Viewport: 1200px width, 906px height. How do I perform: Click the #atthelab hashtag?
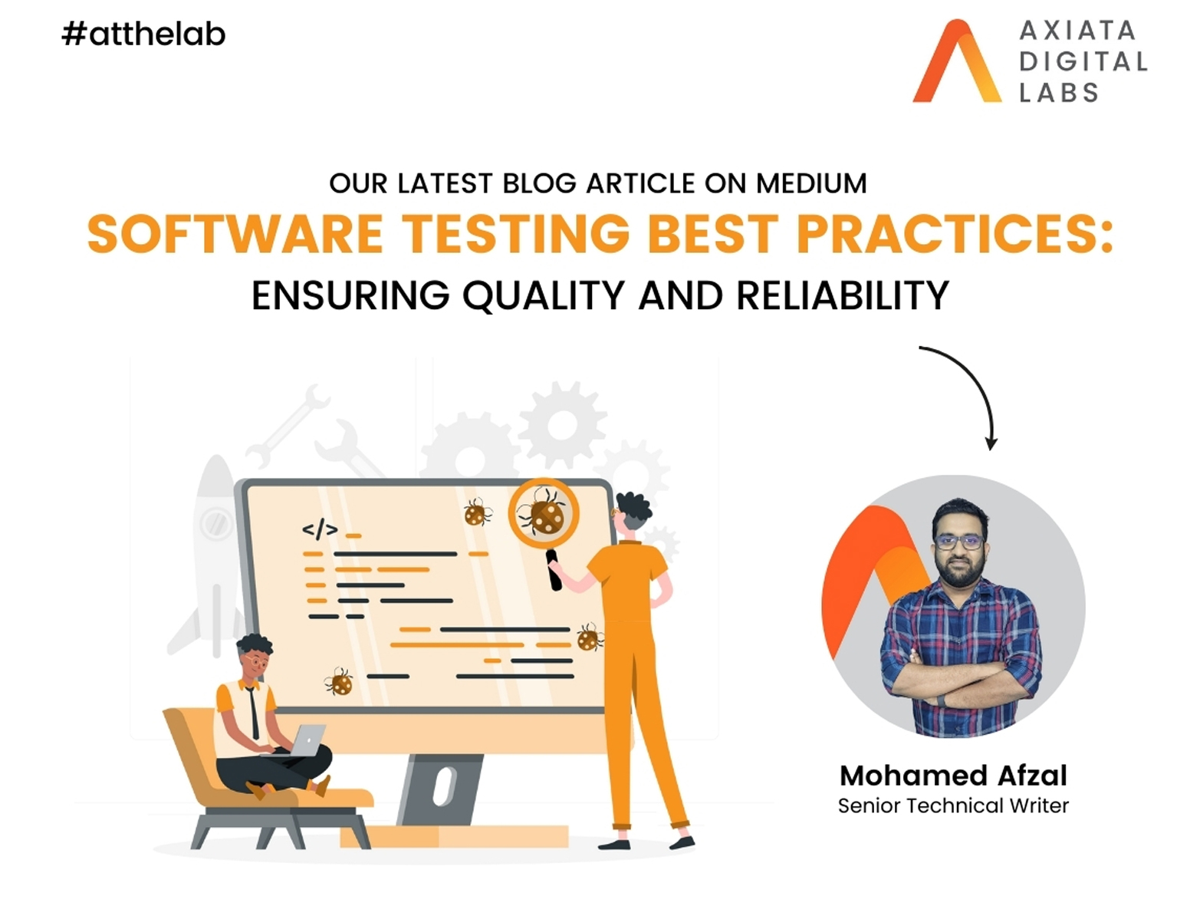(x=143, y=34)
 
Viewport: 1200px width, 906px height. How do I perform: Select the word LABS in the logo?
(x=1058, y=92)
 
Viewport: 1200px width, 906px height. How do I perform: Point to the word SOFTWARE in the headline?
(x=235, y=233)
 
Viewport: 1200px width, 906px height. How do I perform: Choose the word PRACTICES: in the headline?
(x=955, y=233)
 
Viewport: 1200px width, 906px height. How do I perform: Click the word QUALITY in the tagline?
(x=544, y=295)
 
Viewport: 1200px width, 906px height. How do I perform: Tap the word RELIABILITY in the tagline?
(x=843, y=295)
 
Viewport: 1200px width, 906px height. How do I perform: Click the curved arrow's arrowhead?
(x=991, y=443)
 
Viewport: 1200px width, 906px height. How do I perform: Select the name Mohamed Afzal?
(x=953, y=776)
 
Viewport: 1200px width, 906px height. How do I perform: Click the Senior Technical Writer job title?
(x=953, y=806)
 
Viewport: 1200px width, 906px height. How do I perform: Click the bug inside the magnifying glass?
(x=542, y=512)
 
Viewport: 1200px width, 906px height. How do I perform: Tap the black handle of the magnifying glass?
(x=554, y=570)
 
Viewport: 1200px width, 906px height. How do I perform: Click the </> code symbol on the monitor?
(x=320, y=529)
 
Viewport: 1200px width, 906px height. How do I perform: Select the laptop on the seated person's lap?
(x=308, y=740)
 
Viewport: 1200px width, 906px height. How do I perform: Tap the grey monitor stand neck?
(x=440, y=789)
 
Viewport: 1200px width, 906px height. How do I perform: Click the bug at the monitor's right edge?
(x=590, y=637)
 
